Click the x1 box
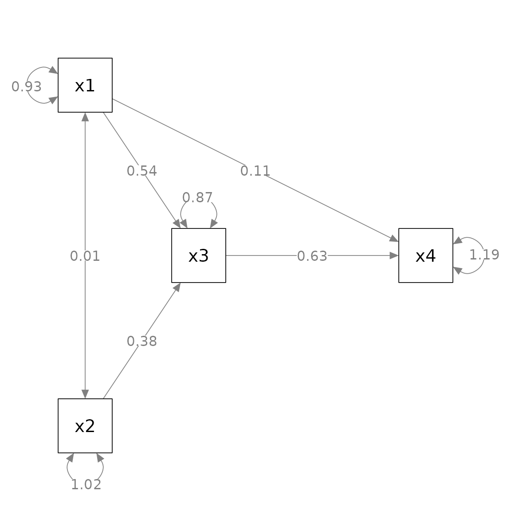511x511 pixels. (85, 85)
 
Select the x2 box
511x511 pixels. (85, 426)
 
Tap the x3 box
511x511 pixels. (199, 255)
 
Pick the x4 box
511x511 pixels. (426, 255)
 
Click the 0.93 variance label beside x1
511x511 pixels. (27, 86)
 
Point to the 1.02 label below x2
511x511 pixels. (86, 484)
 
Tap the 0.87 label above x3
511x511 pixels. (197, 197)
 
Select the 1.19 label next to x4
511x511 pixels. (484, 255)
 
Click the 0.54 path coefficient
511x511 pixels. (142, 171)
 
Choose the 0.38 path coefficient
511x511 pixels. (142, 341)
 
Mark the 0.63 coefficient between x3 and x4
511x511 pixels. (312, 256)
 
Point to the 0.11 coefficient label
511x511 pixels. (255, 171)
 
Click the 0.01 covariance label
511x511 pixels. (85, 256)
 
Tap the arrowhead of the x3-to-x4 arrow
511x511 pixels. (394, 255)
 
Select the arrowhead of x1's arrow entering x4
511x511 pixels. (394, 239)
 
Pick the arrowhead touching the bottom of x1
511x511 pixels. (85, 117)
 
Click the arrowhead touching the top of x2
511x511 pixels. (85, 394)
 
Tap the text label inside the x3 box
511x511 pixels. (198, 256)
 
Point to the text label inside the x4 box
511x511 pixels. (426, 256)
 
